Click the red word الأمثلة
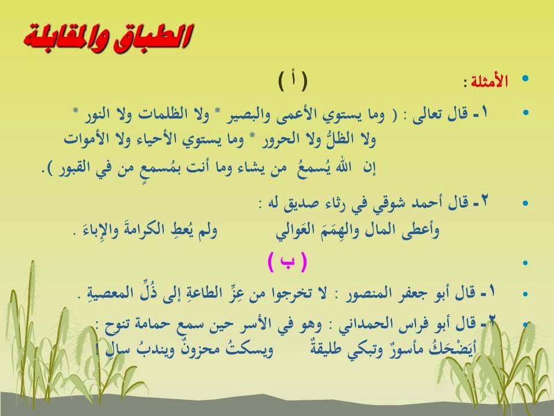[x=489, y=81]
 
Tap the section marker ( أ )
[x=293, y=81]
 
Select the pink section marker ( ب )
[x=287, y=262]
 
